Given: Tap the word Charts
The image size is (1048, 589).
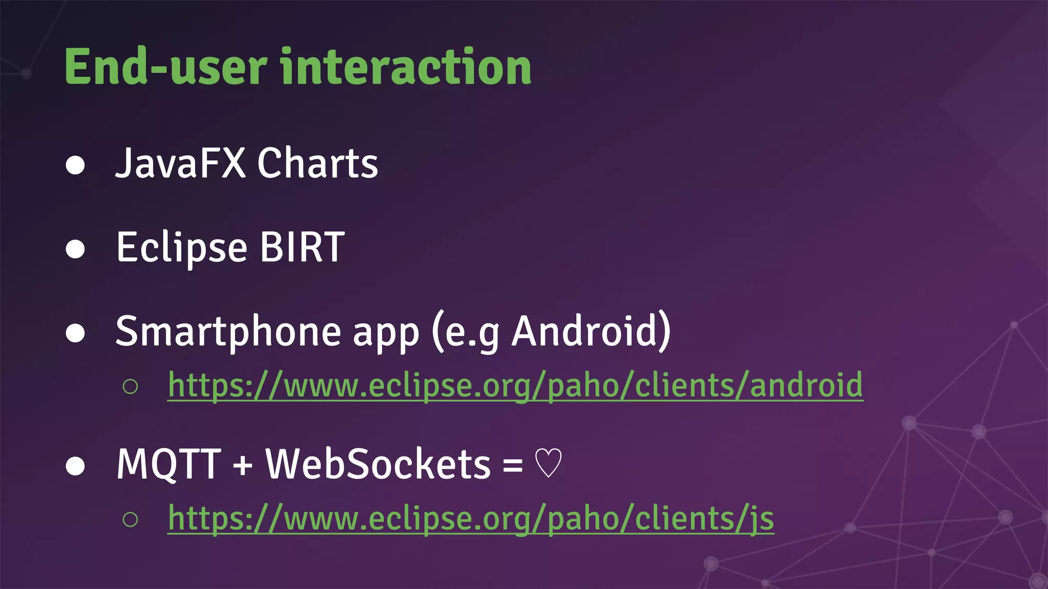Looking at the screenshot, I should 317,163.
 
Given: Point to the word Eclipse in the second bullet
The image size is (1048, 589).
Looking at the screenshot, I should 182,248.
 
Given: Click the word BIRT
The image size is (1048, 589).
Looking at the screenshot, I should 302,247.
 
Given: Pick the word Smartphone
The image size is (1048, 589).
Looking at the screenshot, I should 228,332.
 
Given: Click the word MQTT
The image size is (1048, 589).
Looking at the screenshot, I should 169,464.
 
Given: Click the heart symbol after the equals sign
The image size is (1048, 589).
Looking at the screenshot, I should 548,464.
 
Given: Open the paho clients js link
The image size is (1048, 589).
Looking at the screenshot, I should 471,518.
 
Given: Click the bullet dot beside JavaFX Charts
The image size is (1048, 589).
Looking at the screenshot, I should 75,165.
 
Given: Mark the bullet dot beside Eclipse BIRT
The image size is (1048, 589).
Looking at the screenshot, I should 75,250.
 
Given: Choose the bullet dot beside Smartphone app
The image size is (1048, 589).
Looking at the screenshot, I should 75,333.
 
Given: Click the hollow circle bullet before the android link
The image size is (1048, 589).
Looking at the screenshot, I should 130,387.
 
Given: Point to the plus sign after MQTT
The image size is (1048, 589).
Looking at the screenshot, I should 243,466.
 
